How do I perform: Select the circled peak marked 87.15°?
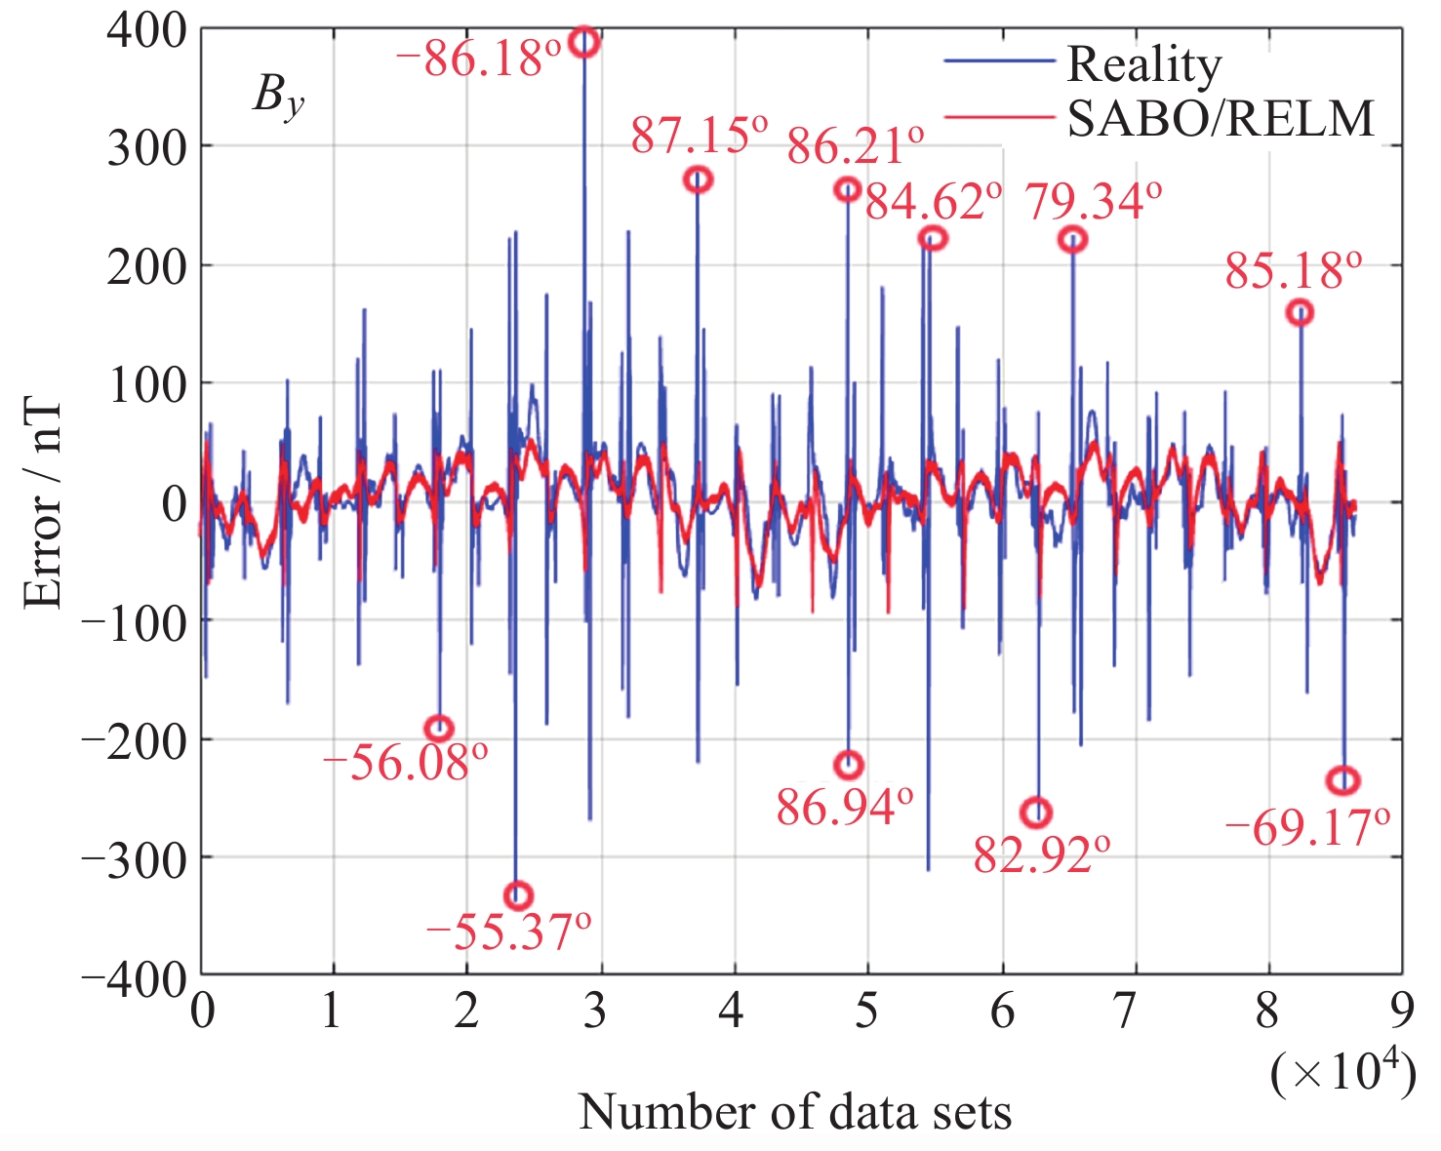(698, 179)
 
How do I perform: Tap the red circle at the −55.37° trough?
(518, 895)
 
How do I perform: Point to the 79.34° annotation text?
(1093, 203)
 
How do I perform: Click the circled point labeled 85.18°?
(1300, 313)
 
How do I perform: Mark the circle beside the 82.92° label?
(1036, 813)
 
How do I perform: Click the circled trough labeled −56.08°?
(439, 729)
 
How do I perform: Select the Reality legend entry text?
(1143, 64)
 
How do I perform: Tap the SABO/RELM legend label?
(1221, 119)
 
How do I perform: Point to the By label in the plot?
(278, 98)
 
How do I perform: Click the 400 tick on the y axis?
(146, 31)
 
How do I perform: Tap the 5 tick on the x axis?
(865, 1012)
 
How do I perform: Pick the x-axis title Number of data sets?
(795, 1112)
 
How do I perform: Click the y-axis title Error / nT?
(44, 503)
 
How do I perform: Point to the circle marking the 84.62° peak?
(933, 238)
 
